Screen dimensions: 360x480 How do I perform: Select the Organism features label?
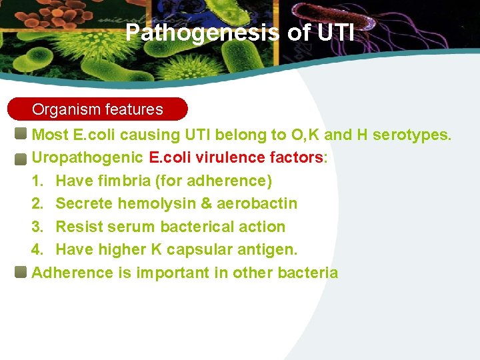(97, 109)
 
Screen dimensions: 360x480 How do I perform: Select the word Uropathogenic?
(87, 158)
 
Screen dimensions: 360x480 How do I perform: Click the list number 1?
(38, 181)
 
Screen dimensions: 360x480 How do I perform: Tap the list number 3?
(38, 227)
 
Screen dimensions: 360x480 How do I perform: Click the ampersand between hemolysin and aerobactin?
(205, 203)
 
